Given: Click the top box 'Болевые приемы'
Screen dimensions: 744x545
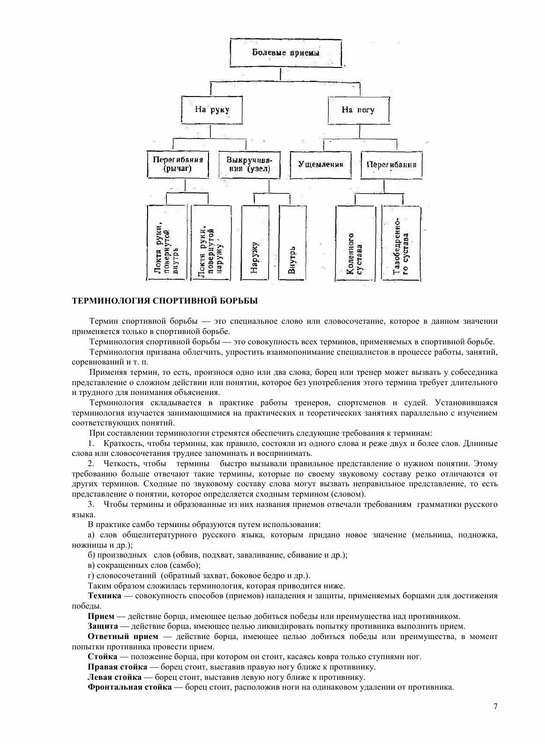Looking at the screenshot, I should pyautogui.click(x=285, y=53).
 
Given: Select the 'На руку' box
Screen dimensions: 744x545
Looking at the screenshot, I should pyautogui.click(x=212, y=111).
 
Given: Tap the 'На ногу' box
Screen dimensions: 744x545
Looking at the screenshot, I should pyautogui.click(x=358, y=111).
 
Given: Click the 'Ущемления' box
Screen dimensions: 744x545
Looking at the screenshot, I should pyautogui.click(x=321, y=164).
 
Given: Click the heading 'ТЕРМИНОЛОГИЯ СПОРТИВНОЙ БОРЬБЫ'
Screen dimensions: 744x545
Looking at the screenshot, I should pyautogui.click(x=164, y=301).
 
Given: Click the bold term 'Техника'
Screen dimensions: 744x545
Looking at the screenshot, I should pyautogui.click(x=103, y=596).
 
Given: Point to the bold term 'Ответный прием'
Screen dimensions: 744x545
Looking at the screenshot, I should pyautogui.click(x=123, y=637).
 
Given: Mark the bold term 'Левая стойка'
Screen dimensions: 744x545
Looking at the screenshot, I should pyautogui.click(x=114, y=677).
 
